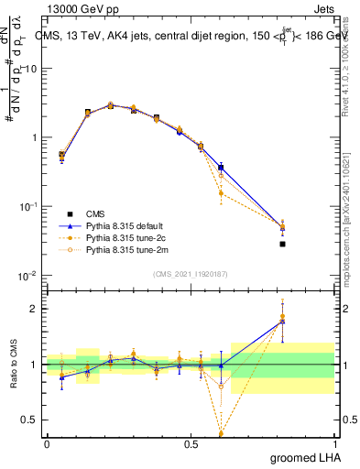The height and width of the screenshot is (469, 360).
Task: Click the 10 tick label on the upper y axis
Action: [x=29, y=69]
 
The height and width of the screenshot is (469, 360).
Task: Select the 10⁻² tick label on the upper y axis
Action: [x=27, y=276]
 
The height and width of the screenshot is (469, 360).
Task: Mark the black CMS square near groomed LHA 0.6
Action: [x=221, y=168]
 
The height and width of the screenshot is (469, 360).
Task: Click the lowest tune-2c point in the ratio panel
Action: [x=221, y=432]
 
